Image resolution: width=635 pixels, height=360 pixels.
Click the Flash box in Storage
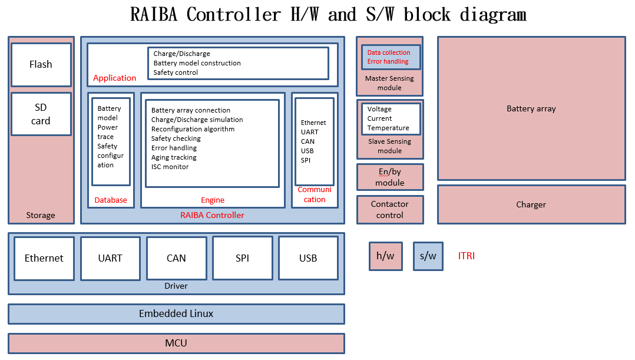pyautogui.click(x=41, y=64)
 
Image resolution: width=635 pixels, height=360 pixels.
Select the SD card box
pyautogui.click(x=41, y=114)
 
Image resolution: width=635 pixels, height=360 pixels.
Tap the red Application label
pyautogui.click(x=114, y=78)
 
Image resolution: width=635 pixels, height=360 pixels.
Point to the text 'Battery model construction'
pyautogui.click(x=197, y=63)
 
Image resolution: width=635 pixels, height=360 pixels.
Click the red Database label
pyautogui.click(x=111, y=200)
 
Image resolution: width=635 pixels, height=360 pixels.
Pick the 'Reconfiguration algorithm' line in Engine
pyautogui.click(x=193, y=129)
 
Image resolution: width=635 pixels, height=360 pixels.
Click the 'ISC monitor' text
pyautogui.click(x=170, y=167)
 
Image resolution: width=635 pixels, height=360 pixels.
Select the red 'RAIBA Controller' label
pyautogui.click(x=212, y=215)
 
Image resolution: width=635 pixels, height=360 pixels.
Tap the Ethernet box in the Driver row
pyautogui.click(x=44, y=258)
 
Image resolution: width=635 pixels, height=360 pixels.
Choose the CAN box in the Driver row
pyautogui.click(x=176, y=258)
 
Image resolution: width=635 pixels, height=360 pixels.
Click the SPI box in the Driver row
pyautogui.click(x=242, y=258)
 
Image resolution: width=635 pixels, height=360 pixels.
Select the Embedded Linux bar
pyautogui.click(x=176, y=313)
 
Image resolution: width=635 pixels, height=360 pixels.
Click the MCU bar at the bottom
pyautogui.click(x=176, y=343)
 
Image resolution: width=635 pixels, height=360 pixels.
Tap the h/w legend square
pyautogui.click(x=385, y=256)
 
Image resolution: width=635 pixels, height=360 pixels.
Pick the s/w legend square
pyautogui.click(x=428, y=256)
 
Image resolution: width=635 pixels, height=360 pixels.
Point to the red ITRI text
pyautogui.click(x=466, y=256)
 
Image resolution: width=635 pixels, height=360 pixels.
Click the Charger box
pyautogui.click(x=531, y=204)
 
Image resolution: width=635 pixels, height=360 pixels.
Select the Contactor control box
pyautogui.click(x=389, y=210)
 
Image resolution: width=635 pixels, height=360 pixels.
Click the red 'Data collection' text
pyautogui.click(x=389, y=52)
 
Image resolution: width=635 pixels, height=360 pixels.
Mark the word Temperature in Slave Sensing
pyautogui.click(x=388, y=128)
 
